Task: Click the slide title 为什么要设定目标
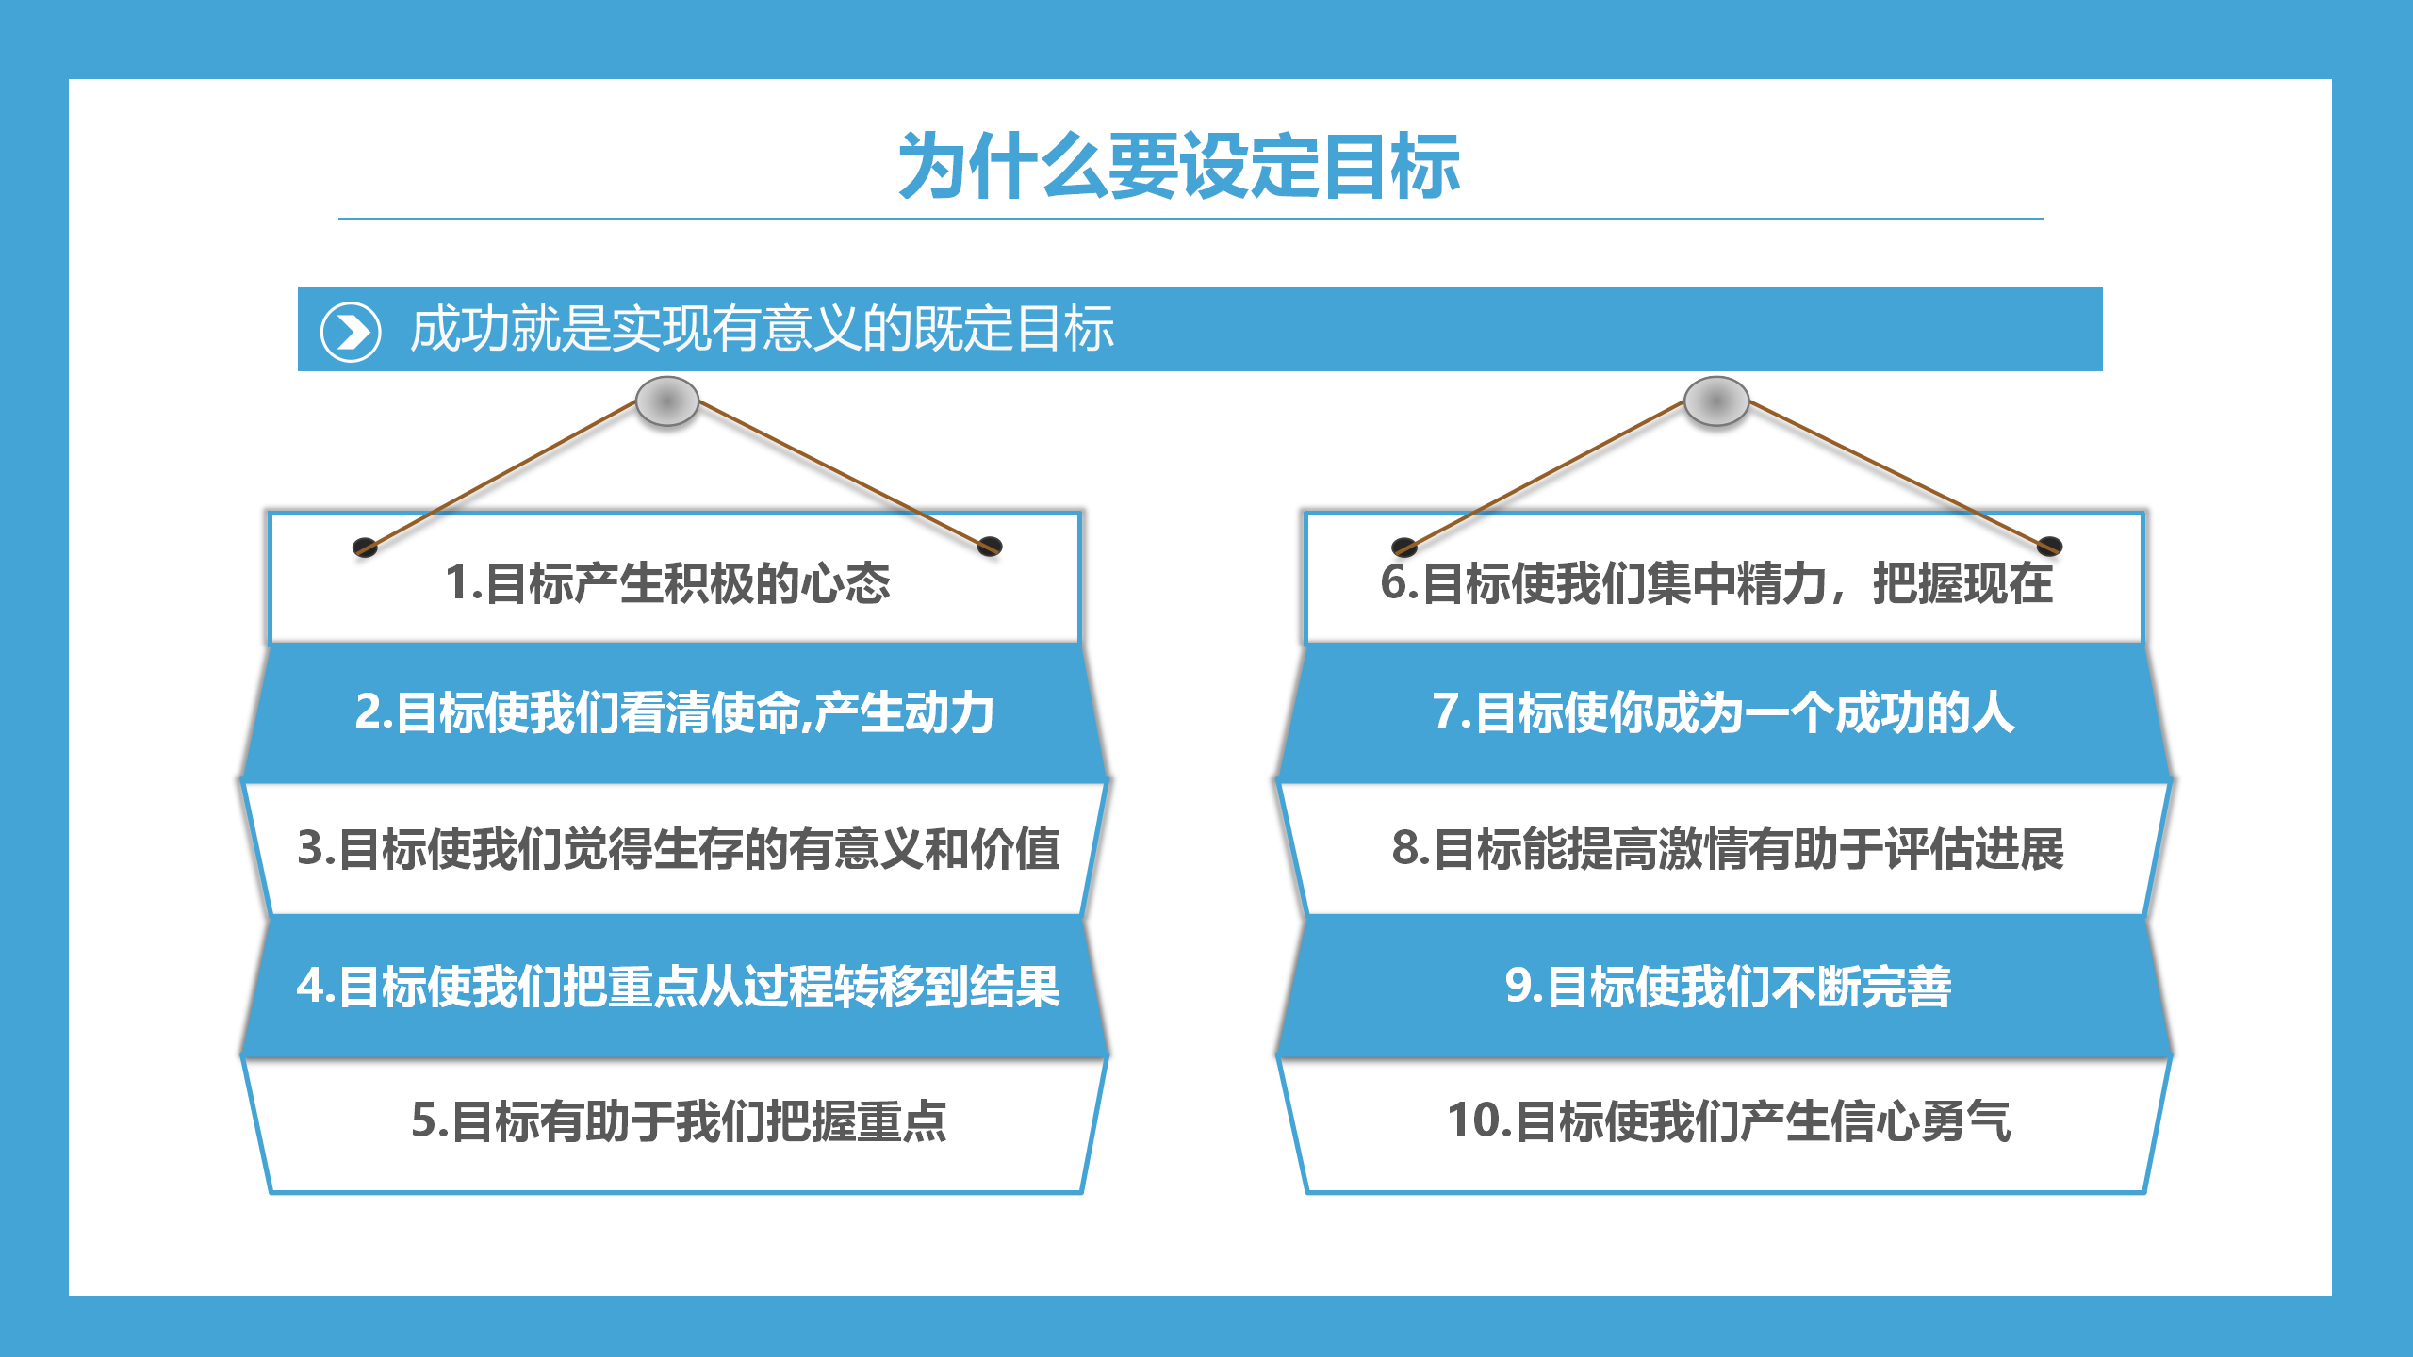point(1179,166)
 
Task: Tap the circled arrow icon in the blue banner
point(351,332)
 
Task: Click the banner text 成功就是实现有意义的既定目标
point(762,329)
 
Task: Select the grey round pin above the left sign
point(667,401)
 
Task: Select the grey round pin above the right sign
point(1716,401)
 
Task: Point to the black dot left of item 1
point(365,548)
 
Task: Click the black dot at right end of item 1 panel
point(990,546)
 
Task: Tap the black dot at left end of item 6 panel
point(1404,548)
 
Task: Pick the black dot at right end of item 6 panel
point(2050,546)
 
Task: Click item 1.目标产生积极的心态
point(667,582)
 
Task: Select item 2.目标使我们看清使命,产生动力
point(674,712)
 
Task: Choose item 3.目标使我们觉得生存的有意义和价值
point(679,848)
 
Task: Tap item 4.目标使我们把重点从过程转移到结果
point(679,987)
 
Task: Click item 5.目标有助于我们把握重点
point(679,1121)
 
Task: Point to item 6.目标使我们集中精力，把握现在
point(1716,582)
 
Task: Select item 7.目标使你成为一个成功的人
point(1724,712)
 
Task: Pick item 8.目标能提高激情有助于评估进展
point(1728,848)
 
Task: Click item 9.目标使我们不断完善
point(1728,987)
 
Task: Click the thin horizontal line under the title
point(1191,219)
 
